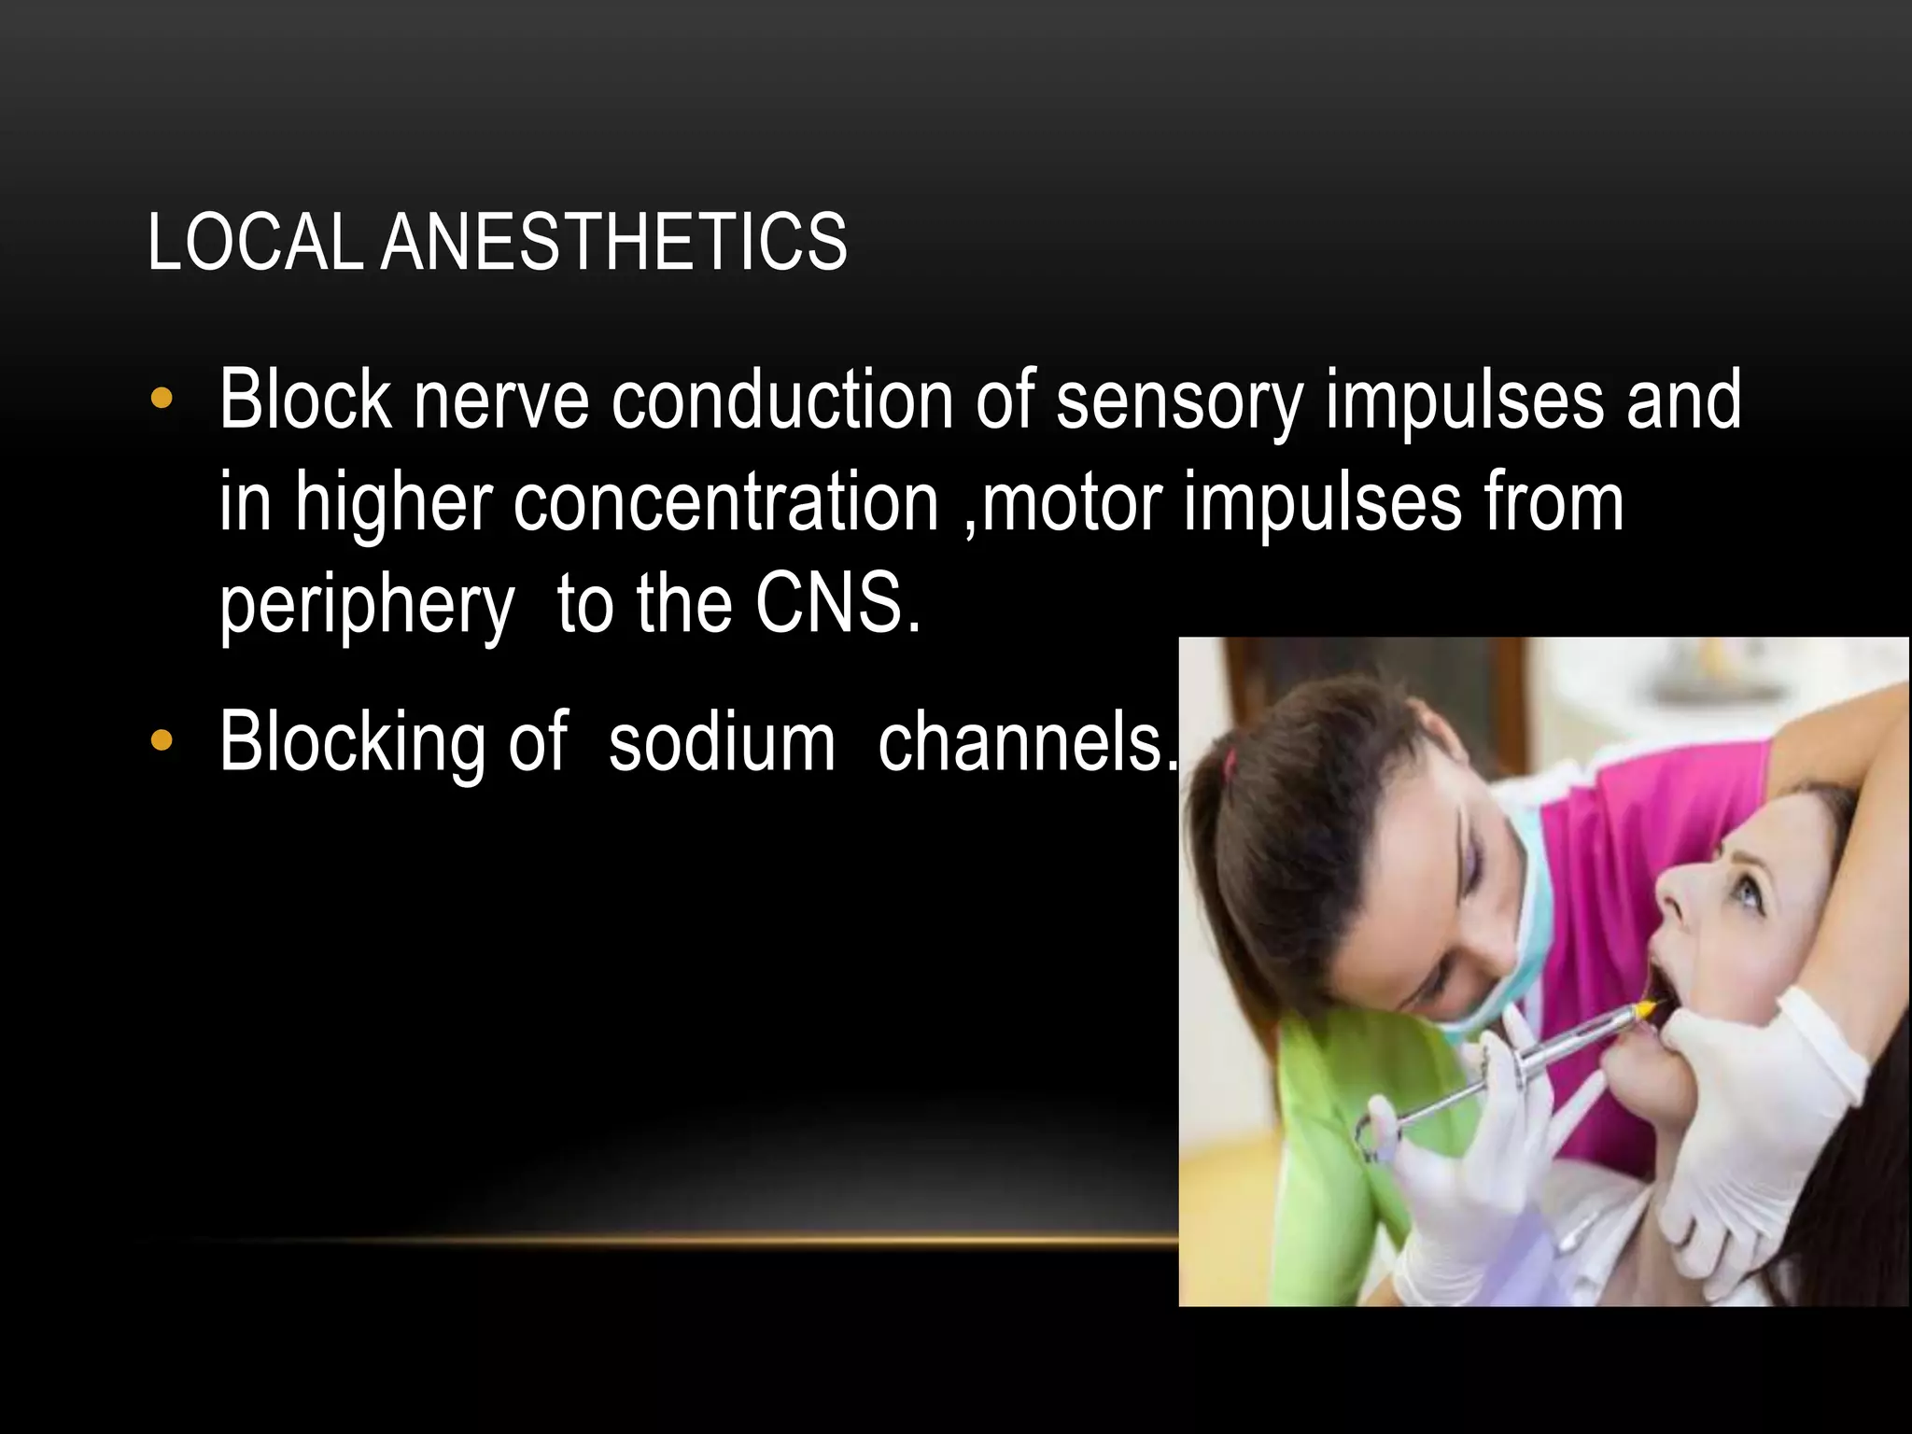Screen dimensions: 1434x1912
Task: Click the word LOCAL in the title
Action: (x=254, y=243)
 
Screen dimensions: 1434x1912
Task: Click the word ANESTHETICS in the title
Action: (x=613, y=243)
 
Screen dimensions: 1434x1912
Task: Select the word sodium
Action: (x=722, y=743)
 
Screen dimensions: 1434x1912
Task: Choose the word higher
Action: (x=393, y=504)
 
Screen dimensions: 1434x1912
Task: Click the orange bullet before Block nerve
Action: (x=162, y=400)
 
